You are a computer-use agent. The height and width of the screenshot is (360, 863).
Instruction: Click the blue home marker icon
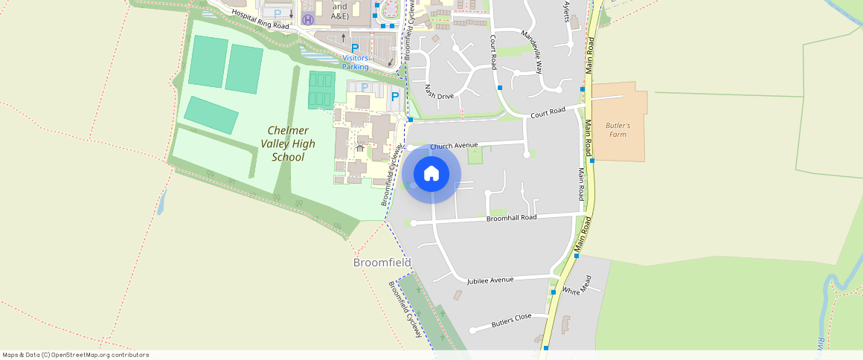click(x=431, y=174)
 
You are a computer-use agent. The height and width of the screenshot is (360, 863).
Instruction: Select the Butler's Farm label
click(x=617, y=130)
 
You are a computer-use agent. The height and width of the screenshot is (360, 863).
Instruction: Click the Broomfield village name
click(x=382, y=263)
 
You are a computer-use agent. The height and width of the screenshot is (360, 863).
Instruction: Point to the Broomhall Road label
click(x=511, y=218)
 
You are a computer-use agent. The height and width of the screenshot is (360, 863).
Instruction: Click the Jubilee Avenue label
click(x=490, y=280)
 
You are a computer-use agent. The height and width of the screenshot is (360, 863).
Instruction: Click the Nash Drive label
click(x=439, y=91)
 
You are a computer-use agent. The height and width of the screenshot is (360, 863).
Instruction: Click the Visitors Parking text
click(x=356, y=62)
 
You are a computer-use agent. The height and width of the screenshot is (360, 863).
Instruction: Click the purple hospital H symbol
click(x=308, y=19)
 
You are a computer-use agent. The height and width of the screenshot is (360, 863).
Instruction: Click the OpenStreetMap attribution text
click(x=75, y=355)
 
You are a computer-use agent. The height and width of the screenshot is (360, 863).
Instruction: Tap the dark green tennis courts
click(x=321, y=89)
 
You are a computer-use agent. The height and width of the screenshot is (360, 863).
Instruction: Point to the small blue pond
click(x=161, y=201)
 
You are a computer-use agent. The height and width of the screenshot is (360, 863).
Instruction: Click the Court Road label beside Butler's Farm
click(x=548, y=112)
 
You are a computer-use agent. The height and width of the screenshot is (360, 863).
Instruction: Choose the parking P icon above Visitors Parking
click(x=355, y=48)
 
